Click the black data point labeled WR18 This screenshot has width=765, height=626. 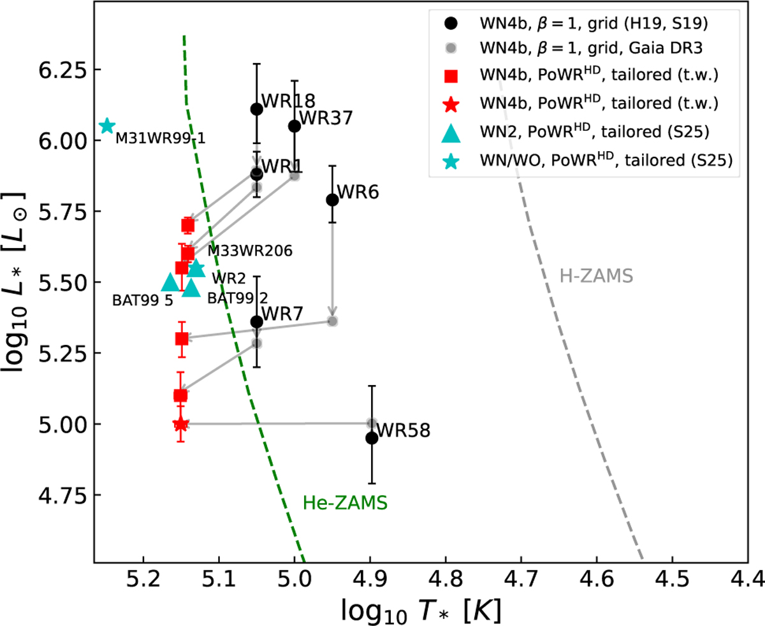click(x=257, y=109)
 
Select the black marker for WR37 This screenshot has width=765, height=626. click(x=295, y=126)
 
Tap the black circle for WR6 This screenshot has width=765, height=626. click(x=332, y=200)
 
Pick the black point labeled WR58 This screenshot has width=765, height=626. click(x=372, y=438)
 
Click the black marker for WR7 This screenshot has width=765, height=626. click(x=257, y=322)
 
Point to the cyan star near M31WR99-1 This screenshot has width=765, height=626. click(x=107, y=126)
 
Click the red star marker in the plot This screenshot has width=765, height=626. click(x=181, y=424)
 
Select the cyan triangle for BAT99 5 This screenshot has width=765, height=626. click(x=170, y=282)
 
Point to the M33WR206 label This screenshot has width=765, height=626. click(x=249, y=251)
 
